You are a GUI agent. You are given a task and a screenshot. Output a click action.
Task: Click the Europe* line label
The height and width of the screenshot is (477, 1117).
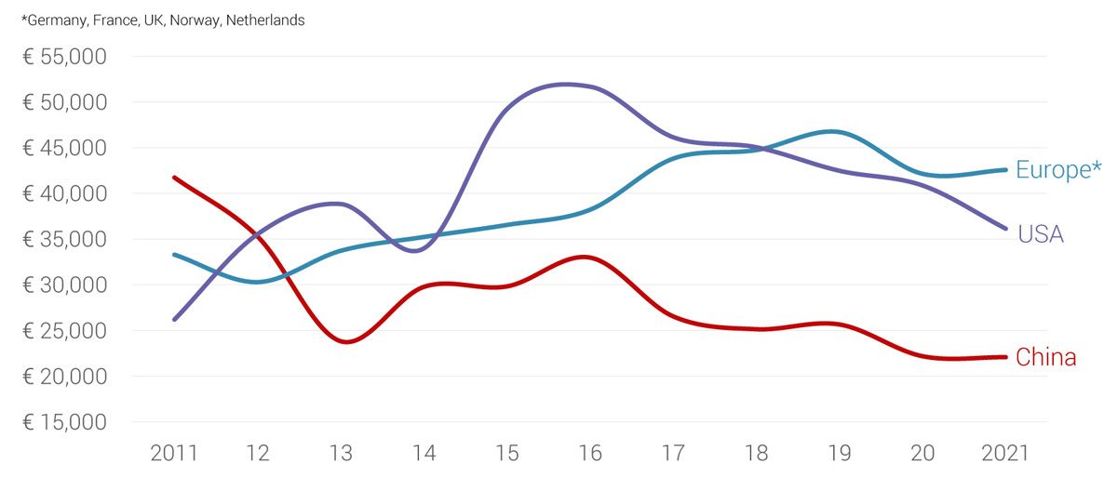tap(1058, 170)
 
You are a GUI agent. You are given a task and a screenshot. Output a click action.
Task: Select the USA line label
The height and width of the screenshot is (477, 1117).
tap(1041, 234)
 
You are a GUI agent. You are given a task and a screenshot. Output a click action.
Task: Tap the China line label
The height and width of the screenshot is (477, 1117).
tap(1046, 357)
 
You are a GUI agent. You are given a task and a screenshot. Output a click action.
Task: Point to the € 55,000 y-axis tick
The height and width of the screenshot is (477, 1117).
tap(64, 57)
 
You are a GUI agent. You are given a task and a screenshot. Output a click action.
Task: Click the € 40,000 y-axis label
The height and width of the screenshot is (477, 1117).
tap(64, 193)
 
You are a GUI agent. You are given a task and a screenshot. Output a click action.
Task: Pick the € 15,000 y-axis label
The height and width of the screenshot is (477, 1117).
tap(64, 422)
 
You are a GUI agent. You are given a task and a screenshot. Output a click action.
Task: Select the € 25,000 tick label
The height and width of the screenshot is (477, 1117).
tap(64, 331)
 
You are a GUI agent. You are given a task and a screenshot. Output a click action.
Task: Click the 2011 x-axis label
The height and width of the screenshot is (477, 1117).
tap(174, 454)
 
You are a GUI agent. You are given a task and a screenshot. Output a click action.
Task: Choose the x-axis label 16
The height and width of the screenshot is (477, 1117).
tap(589, 454)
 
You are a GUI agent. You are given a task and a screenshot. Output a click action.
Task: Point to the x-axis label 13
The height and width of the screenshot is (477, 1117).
tap(341, 454)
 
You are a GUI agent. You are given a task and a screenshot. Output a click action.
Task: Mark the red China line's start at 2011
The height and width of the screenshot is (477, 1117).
tap(175, 178)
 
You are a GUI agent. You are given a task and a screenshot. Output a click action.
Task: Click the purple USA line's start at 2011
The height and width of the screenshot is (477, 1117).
tap(175, 319)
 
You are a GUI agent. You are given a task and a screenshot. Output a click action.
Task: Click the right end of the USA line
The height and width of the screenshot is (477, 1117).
tap(1005, 228)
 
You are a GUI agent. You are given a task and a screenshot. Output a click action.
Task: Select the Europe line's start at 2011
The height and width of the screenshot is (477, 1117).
tap(175, 254)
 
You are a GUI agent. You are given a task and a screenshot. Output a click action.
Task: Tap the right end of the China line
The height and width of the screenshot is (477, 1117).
tap(1005, 356)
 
